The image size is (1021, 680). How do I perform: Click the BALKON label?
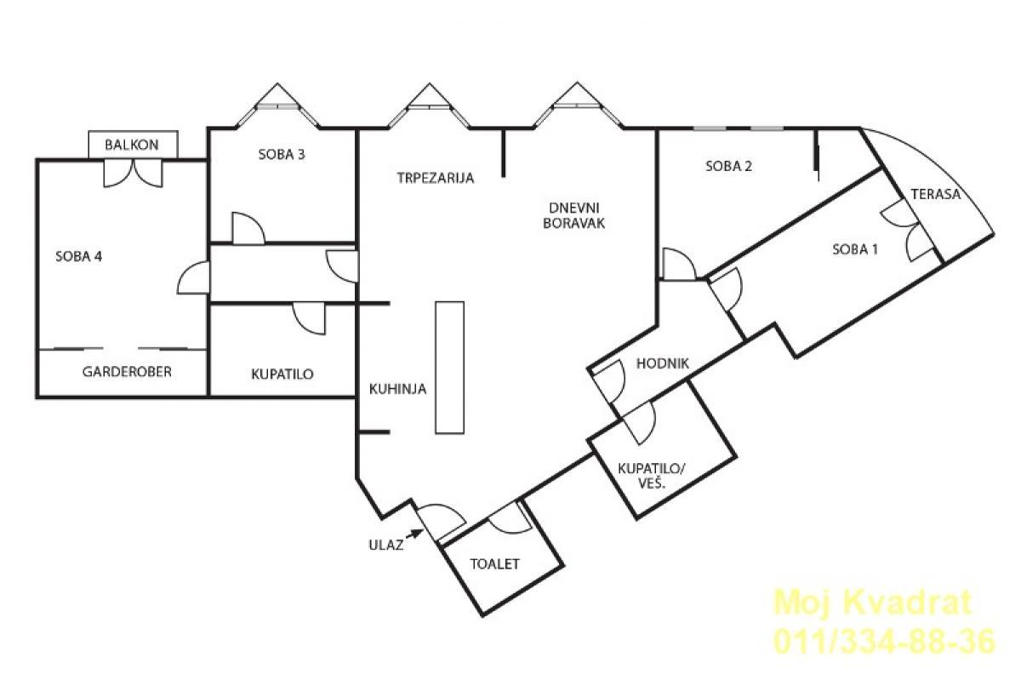[132, 145]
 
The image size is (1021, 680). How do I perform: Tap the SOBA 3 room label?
[282, 155]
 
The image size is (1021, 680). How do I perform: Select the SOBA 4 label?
[79, 256]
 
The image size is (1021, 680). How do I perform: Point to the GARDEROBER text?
[127, 372]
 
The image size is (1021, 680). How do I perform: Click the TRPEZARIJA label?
[436, 178]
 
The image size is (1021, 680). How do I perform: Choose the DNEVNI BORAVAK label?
[573, 215]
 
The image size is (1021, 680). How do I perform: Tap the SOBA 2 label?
[728, 166]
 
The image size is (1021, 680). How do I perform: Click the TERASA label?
[936, 194]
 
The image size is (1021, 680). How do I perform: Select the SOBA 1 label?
[854, 249]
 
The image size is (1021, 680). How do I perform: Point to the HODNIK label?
[662, 363]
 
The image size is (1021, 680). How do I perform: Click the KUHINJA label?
[397, 389]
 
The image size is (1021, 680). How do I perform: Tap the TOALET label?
[494, 564]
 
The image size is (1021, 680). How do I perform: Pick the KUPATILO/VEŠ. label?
[652, 476]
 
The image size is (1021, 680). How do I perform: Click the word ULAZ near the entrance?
[385, 545]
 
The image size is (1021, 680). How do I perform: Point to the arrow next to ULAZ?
[414, 534]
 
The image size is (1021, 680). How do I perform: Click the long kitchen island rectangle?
[449, 367]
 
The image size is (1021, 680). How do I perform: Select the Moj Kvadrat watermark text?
[872, 602]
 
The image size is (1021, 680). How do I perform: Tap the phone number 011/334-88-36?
[884, 642]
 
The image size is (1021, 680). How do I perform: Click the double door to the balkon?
[133, 174]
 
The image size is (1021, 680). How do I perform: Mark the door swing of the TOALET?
[510, 518]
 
